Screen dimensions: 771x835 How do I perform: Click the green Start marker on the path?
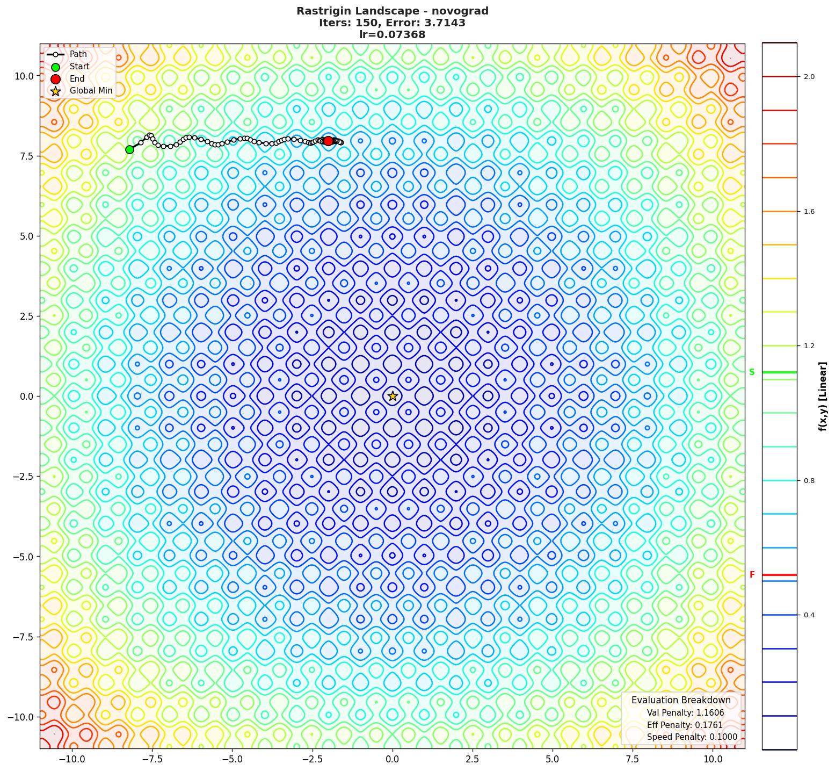tap(129, 149)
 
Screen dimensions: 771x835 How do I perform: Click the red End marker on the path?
tap(328, 141)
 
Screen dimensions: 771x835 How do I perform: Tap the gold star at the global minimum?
tap(393, 396)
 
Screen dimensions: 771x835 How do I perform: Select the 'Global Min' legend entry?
tap(91, 90)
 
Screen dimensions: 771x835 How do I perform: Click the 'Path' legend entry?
tap(78, 54)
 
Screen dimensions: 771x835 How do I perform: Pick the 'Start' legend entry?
tap(79, 67)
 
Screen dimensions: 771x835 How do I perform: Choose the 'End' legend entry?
tap(77, 78)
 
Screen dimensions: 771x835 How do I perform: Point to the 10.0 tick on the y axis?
tap(23, 76)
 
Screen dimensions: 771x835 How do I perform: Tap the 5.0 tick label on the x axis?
tap(553, 759)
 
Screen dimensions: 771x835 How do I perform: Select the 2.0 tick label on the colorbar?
tap(809, 77)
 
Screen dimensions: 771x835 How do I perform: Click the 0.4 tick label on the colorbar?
tap(809, 615)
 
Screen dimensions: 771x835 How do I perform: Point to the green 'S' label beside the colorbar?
tap(752, 372)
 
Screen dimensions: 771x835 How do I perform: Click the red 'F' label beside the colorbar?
tap(752, 575)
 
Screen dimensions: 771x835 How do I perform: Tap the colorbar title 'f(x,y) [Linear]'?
tap(822, 396)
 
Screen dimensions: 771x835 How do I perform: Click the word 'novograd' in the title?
tap(462, 11)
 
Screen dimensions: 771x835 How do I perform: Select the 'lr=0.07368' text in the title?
tap(392, 35)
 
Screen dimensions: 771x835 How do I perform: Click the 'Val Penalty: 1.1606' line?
tap(685, 713)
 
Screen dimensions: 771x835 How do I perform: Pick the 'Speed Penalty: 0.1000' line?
tap(692, 737)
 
